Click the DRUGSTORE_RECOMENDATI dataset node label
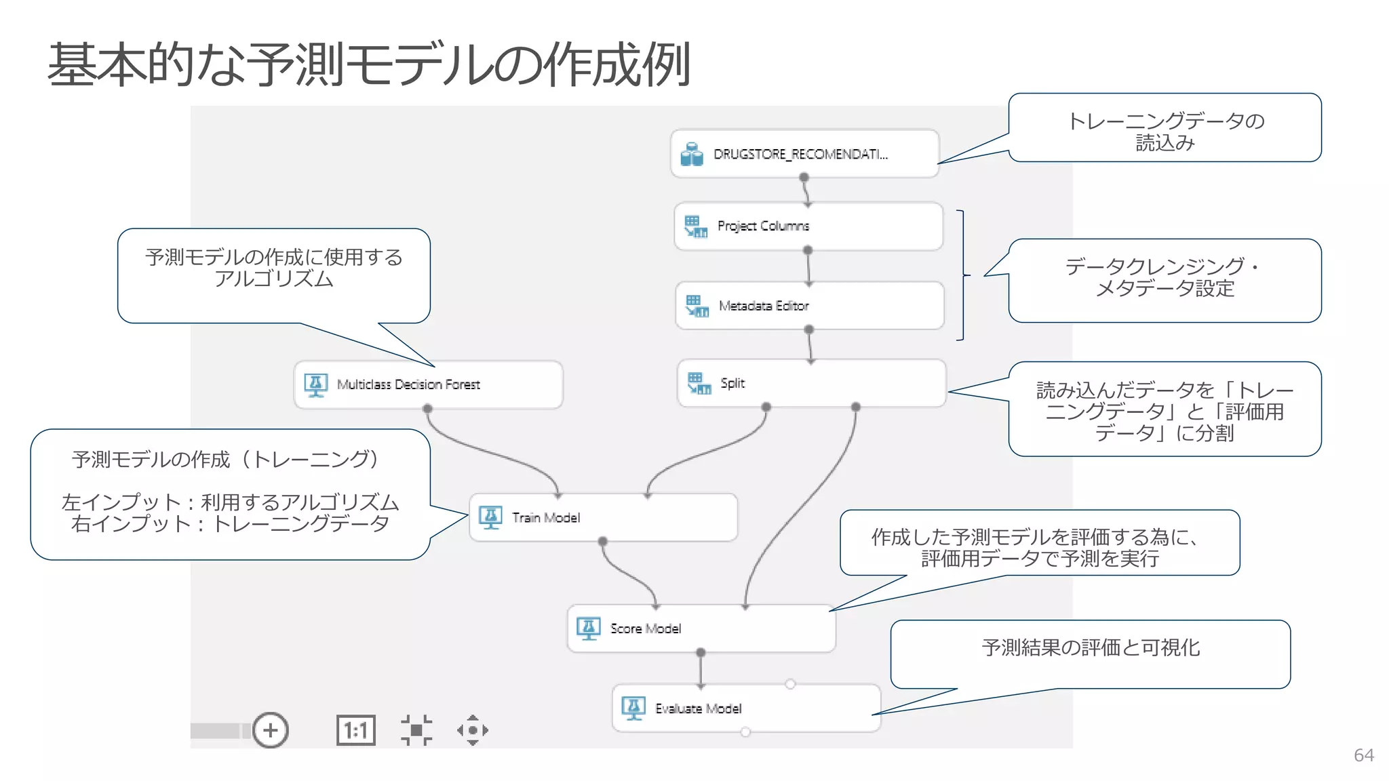800,155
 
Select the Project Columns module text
763,226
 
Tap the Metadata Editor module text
764,306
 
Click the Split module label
732,383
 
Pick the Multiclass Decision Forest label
408,384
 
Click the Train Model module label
546,518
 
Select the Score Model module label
645,628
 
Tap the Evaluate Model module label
698,708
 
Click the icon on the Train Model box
490,517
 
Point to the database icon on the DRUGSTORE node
692,155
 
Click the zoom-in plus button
271,730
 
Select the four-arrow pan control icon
473,730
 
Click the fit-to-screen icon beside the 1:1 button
416,730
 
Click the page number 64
1363,755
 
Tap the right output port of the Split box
856,407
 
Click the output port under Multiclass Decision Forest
427,408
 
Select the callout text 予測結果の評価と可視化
1090,648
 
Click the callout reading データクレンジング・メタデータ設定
1164,278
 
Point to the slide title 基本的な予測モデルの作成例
369,64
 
